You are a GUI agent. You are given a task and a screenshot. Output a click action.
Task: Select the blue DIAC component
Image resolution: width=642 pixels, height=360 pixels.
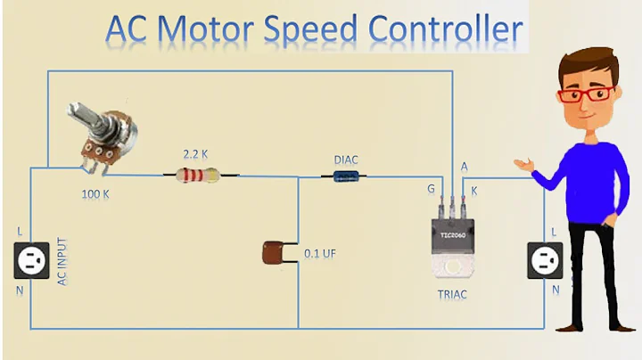[347, 176]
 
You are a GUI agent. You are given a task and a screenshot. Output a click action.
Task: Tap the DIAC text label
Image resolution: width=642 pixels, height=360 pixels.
[347, 160]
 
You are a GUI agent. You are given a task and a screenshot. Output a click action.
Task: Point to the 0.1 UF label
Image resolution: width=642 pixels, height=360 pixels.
[319, 254]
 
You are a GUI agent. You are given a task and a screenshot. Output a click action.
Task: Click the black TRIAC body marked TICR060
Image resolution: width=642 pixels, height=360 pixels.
[449, 233]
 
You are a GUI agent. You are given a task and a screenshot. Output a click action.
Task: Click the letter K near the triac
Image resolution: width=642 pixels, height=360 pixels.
[473, 191]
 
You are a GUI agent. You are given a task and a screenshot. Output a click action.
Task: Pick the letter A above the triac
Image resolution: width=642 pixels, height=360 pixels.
[464, 167]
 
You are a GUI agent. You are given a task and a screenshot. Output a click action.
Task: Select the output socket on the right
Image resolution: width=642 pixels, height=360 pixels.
[543, 261]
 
